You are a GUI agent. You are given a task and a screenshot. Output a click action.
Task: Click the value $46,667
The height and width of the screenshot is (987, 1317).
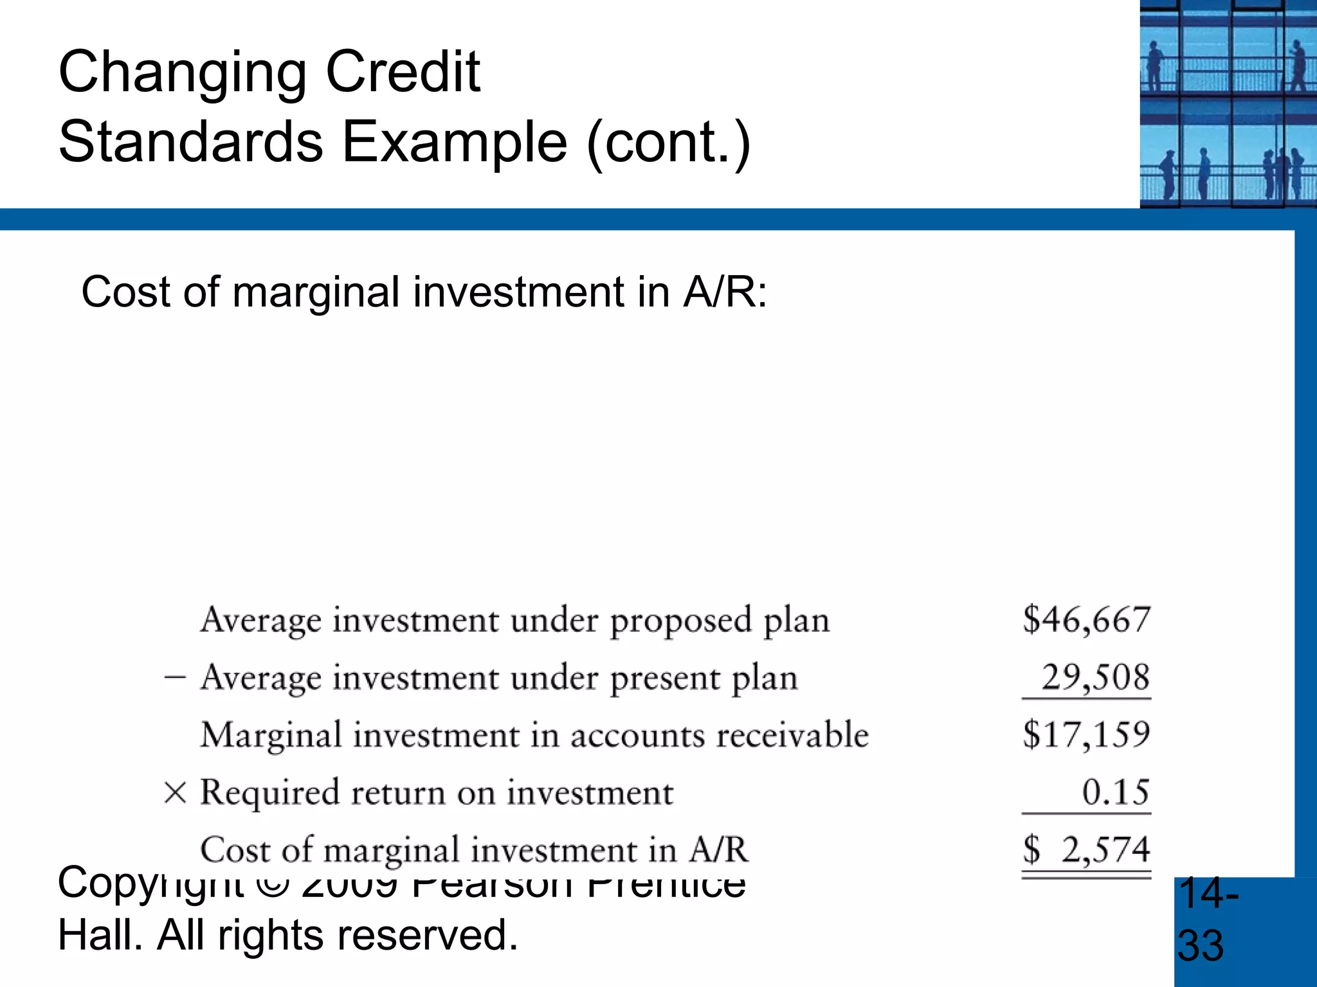[1086, 619]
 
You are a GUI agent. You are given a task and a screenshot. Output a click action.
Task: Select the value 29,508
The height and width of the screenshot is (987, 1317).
[1095, 677]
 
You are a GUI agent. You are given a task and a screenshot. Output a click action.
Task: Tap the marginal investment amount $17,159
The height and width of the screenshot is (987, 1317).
[1086, 734]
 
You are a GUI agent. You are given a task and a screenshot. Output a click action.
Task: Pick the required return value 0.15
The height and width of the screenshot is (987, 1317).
[1115, 792]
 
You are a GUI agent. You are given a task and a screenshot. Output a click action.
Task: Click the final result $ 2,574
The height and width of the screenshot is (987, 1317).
[1086, 849]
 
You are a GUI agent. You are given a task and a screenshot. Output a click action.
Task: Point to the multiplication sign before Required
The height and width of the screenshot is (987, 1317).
[175, 792]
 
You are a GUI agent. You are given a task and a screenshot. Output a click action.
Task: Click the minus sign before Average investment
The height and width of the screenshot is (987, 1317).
[175, 678]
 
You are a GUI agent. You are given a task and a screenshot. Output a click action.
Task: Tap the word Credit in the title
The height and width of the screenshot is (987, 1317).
[403, 72]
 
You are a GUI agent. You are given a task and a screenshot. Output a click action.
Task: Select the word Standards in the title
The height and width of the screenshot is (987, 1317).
[190, 141]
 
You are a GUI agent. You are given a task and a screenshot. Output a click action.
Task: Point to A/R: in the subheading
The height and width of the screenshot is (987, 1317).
[725, 292]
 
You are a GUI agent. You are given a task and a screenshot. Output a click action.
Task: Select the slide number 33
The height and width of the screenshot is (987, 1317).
[1201, 945]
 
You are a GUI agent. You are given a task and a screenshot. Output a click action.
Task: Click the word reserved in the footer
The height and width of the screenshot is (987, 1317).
[432, 935]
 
